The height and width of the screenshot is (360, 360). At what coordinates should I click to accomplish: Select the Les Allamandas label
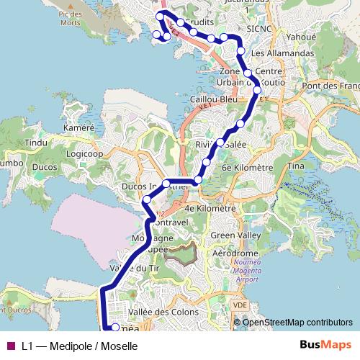tap(283, 54)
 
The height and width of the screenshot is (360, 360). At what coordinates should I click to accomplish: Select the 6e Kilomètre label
tap(247, 167)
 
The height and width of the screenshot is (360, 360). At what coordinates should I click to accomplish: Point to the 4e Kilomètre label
tap(210, 208)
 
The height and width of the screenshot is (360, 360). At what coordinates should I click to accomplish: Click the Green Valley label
tap(235, 235)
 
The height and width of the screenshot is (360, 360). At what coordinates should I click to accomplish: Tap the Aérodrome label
tap(235, 254)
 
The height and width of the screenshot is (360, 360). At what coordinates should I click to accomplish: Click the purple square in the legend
tap(10, 346)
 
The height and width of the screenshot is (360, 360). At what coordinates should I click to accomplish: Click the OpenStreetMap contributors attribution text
tap(298, 323)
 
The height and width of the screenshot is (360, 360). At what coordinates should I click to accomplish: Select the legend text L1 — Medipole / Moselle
tap(78, 346)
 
